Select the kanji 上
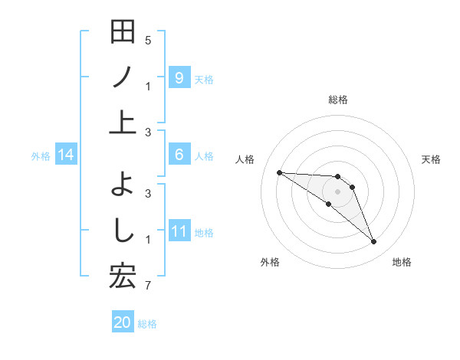pos(123,122)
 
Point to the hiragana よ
pos(123,185)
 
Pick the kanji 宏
pos(123,275)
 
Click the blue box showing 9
pos(179,77)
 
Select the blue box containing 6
pos(179,155)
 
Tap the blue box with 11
pos(179,231)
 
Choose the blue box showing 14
pos(66,155)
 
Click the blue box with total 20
pos(123,322)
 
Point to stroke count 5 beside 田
pos(148,40)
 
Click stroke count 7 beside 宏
pos(148,286)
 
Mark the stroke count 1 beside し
pos(148,240)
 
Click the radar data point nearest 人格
pos(279,172)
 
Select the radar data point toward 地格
pos(373,242)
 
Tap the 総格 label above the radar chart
pos(337,100)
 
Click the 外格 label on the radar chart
pos(270,262)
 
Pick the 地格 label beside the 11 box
pos(204,232)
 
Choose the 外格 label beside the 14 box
pos(41,156)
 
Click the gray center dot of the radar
pos(337,191)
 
